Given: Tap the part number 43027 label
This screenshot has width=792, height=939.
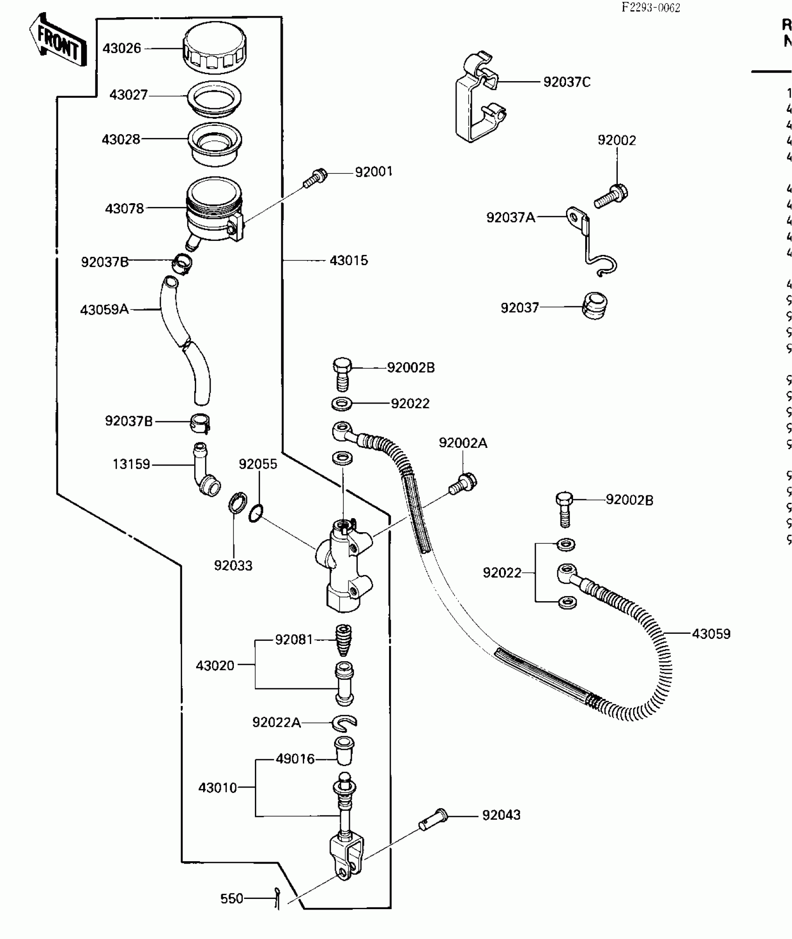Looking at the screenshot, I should point(128,95).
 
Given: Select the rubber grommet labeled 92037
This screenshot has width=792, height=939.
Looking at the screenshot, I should point(594,306).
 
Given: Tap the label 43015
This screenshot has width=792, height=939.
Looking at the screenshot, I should point(348,260).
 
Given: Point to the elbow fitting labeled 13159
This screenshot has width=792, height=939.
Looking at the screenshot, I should point(205,471).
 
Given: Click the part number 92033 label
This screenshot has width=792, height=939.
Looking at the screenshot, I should point(233,565).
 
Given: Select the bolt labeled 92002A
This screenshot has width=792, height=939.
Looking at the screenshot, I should point(463,483).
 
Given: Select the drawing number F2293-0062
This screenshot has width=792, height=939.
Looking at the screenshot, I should point(651,7).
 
